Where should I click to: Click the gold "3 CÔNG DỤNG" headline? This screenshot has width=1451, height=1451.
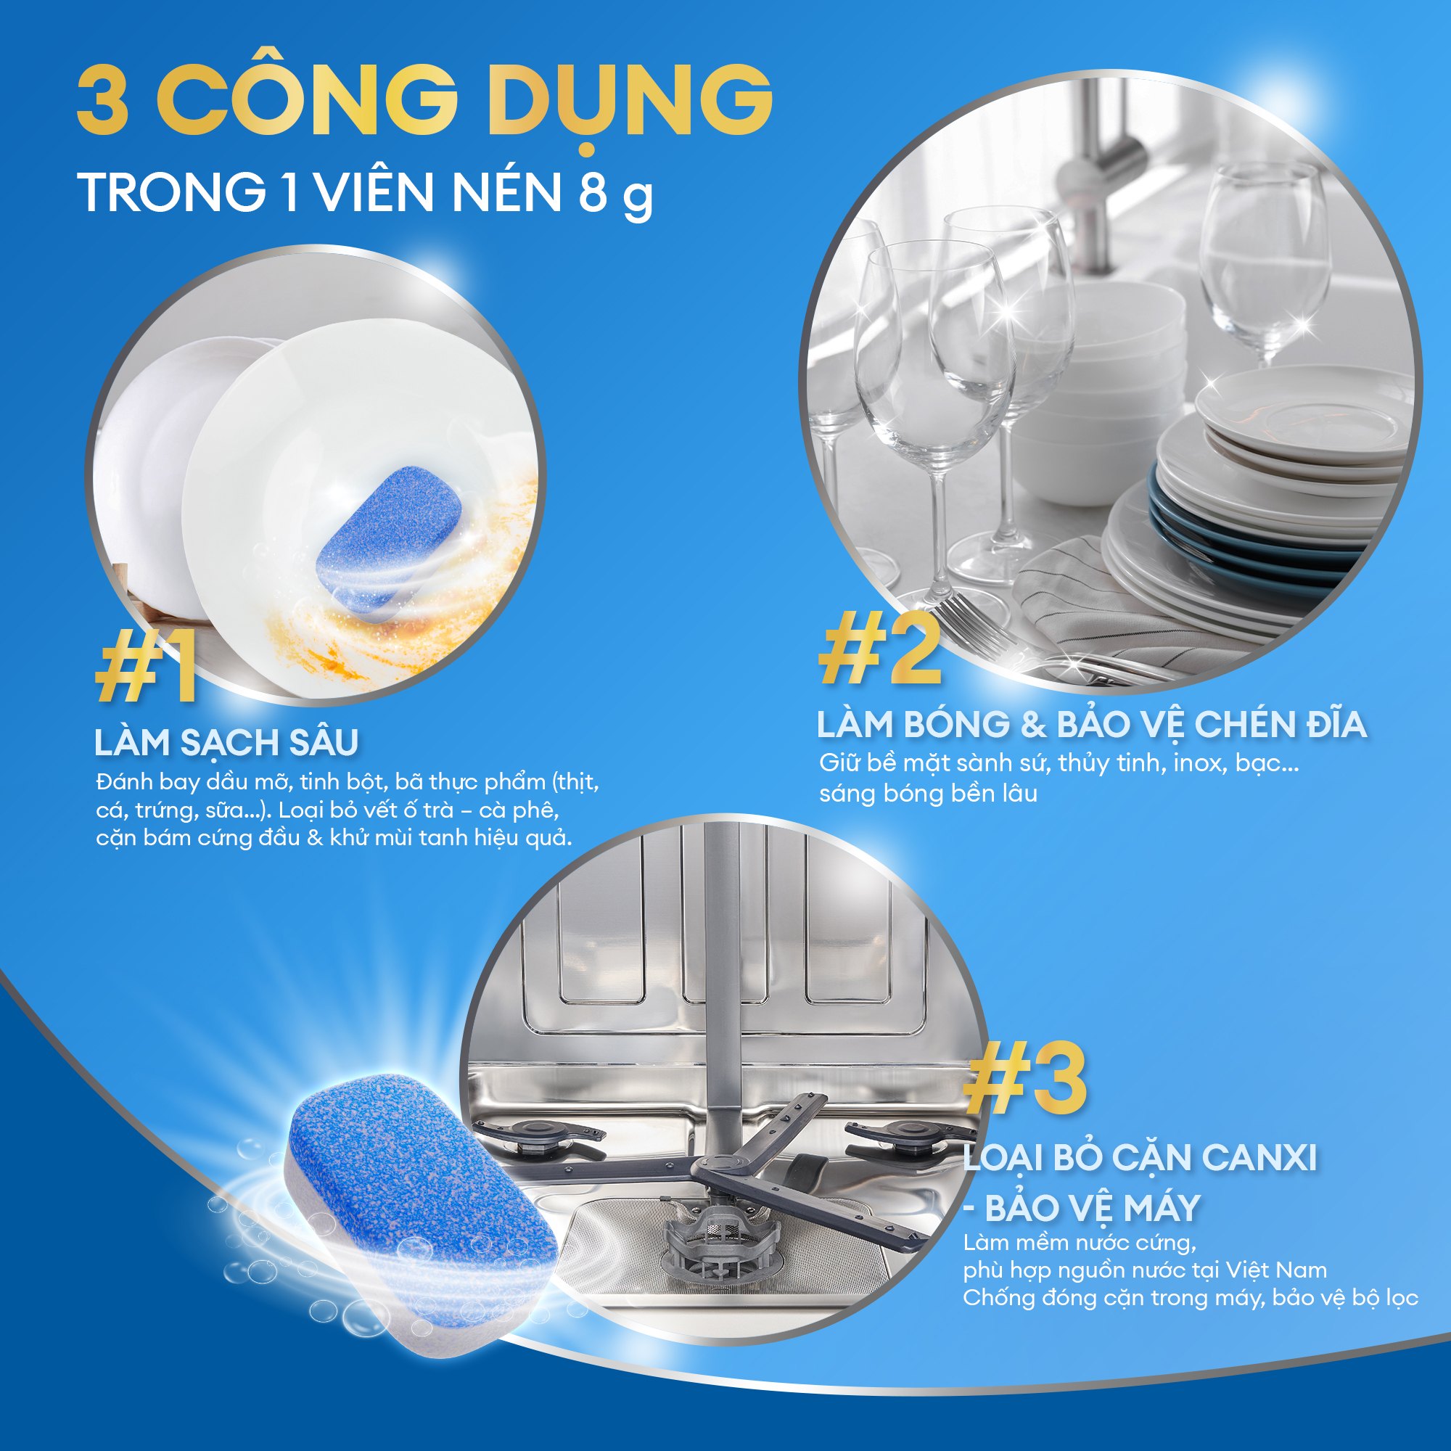(x=424, y=102)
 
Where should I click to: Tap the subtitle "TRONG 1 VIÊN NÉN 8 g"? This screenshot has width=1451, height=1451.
(x=365, y=192)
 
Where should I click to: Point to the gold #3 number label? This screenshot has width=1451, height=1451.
(x=1026, y=1080)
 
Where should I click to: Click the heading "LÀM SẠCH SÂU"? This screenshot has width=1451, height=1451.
(x=226, y=743)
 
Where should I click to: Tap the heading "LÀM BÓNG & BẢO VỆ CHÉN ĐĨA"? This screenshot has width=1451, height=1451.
(x=1091, y=725)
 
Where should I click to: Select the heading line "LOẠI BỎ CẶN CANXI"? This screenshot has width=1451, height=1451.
(x=1139, y=1158)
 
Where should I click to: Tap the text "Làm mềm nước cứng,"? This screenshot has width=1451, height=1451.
(x=1080, y=1243)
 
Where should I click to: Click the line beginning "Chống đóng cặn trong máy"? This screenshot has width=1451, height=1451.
(x=1191, y=1298)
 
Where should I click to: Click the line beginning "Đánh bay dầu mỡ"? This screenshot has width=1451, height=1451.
(x=347, y=782)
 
